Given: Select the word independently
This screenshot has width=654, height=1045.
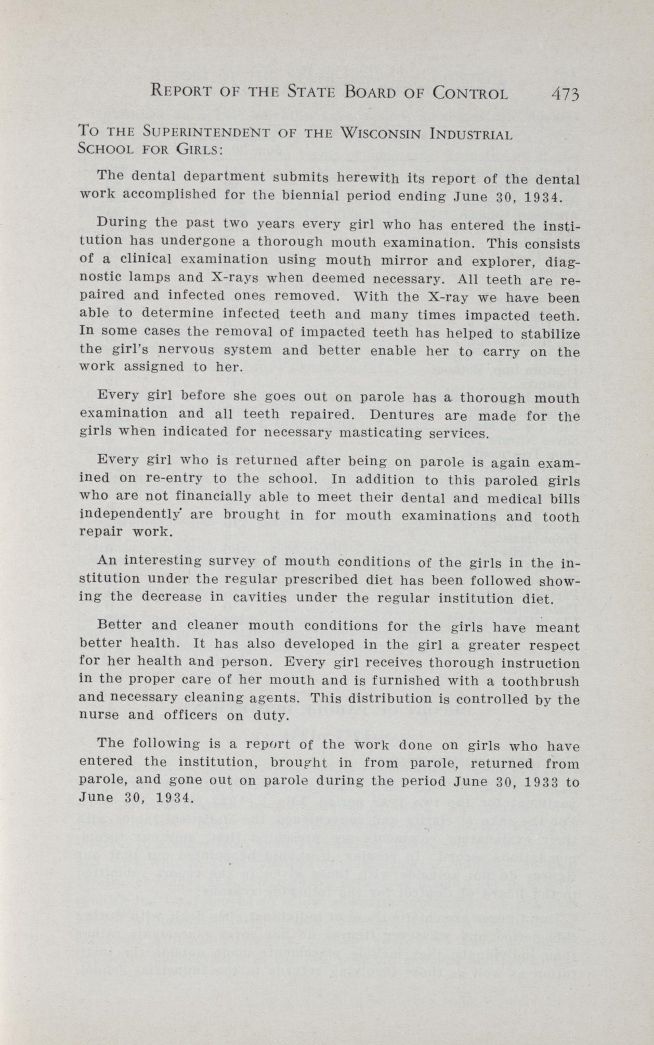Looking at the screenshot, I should tap(130, 515).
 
